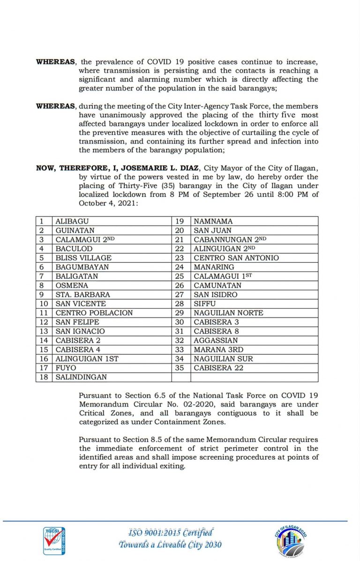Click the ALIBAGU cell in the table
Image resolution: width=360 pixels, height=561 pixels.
[72, 221]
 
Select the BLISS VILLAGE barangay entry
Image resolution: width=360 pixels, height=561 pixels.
[83, 258]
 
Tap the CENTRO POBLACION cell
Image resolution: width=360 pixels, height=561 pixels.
[94, 312]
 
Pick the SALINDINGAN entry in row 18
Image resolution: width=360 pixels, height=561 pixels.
[81, 377]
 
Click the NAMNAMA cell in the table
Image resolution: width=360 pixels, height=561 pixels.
[213, 221]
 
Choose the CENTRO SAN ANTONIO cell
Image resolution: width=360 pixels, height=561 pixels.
[236, 258]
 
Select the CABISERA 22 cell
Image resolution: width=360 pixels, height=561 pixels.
[218, 368]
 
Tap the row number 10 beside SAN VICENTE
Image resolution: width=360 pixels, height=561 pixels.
[44, 303]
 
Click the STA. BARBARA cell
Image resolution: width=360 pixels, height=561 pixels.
[82, 295]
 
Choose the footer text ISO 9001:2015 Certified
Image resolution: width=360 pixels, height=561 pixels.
[171, 532]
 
